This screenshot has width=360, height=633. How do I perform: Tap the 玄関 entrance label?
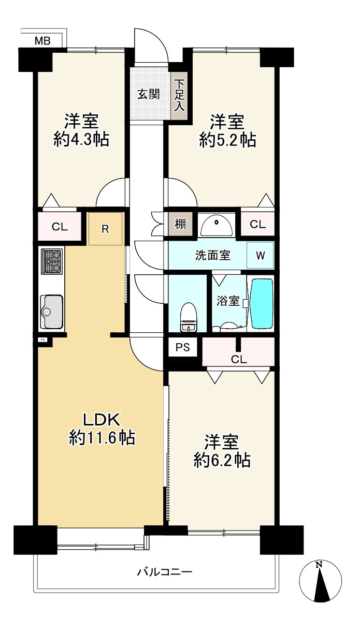148,94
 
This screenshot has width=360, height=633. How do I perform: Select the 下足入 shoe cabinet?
179,95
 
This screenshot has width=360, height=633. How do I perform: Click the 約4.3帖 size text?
81,140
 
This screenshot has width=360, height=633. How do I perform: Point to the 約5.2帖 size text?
227,140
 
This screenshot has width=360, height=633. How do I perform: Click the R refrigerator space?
105,229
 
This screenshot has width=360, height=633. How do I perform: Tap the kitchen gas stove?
51,261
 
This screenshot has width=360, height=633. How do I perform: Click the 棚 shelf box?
180,225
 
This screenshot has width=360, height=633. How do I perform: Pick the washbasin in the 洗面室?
218,225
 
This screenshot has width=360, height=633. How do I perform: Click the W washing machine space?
260,255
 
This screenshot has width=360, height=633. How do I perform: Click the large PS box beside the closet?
182,348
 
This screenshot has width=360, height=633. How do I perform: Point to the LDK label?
102,418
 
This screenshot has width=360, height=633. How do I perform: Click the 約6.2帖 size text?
223,459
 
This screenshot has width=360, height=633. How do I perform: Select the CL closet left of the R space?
59,227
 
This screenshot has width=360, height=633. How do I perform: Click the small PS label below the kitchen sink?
42,340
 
